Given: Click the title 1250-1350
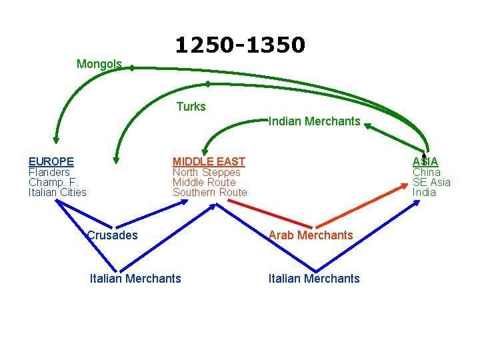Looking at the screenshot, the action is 240,45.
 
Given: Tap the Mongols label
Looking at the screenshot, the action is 99,64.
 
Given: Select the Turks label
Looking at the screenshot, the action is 191,107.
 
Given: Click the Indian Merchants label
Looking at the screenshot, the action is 314,121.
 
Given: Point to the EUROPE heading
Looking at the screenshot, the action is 51,161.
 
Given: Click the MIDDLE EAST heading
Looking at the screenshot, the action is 209,161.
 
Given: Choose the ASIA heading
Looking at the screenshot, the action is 425,161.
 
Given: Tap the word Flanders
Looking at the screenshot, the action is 49,172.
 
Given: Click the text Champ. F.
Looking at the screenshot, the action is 53,182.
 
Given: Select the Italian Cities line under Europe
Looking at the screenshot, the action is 57,193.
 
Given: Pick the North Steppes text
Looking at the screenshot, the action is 206,172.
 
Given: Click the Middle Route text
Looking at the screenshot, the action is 204,182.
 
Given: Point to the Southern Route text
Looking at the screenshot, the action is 209,193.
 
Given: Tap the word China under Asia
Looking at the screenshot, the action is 426,172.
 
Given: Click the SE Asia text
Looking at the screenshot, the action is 431,182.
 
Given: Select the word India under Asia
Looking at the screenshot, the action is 424,193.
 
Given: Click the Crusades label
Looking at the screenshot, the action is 112,235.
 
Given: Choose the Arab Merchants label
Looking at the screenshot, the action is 311,235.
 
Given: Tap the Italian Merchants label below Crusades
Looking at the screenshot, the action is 135,279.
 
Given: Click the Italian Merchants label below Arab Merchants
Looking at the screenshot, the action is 314,279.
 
